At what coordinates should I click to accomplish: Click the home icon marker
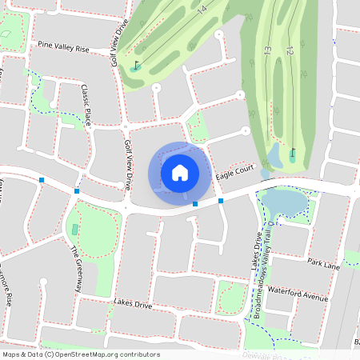click(x=180, y=173)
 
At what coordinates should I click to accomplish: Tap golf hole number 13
click(x=267, y=50)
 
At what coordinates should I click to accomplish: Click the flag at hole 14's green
click(x=137, y=65)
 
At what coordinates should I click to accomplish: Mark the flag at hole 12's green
click(x=293, y=152)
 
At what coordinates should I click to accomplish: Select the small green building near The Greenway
click(x=75, y=230)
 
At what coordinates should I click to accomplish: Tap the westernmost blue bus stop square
click(x=42, y=181)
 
